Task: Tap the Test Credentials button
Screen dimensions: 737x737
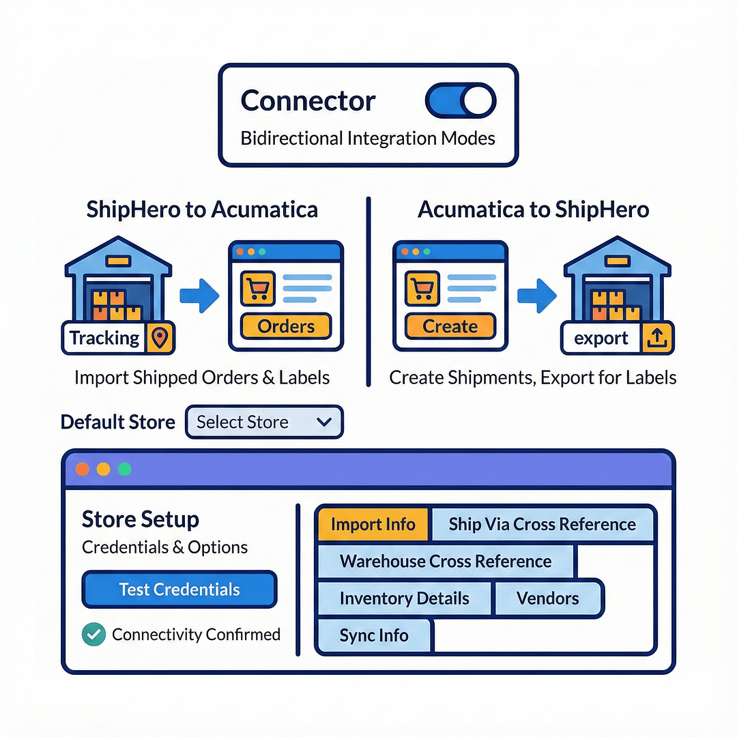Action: (x=179, y=590)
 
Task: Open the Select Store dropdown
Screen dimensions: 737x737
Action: (x=264, y=422)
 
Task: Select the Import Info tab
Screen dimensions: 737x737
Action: (x=373, y=524)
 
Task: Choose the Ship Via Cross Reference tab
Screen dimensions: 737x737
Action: (x=542, y=524)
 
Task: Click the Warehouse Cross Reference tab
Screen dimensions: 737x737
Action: (x=446, y=562)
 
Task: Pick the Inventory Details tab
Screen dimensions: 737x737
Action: (x=404, y=598)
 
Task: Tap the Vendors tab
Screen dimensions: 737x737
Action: (x=548, y=598)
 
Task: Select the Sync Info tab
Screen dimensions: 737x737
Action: (x=374, y=635)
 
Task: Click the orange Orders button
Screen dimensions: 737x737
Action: (x=286, y=326)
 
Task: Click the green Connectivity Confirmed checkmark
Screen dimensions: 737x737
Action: (x=93, y=635)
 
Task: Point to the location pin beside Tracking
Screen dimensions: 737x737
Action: (x=159, y=338)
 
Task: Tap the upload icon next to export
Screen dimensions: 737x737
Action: (x=658, y=338)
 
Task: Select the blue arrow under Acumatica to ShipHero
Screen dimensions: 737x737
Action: (x=536, y=295)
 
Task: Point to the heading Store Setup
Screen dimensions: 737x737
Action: (x=141, y=519)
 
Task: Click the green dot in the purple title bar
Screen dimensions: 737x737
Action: (x=124, y=469)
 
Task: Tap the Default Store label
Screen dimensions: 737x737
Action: (x=118, y=422)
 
